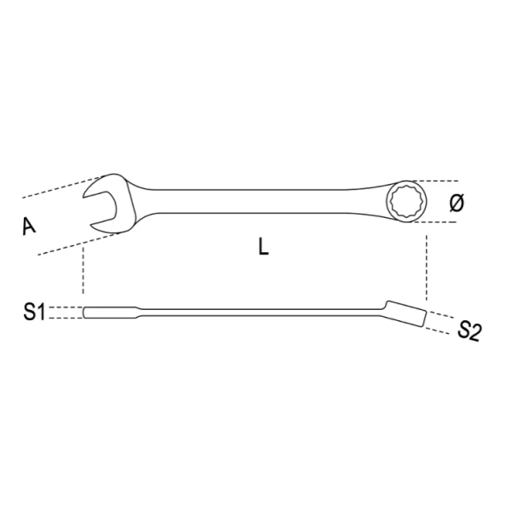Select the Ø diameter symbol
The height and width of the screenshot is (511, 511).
point(456,203)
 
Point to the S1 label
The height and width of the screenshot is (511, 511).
point(34,313)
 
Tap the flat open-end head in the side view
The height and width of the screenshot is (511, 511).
point(95,313)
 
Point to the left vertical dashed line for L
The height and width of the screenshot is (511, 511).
point(83,273)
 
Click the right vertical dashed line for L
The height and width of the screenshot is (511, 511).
point(425,264)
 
